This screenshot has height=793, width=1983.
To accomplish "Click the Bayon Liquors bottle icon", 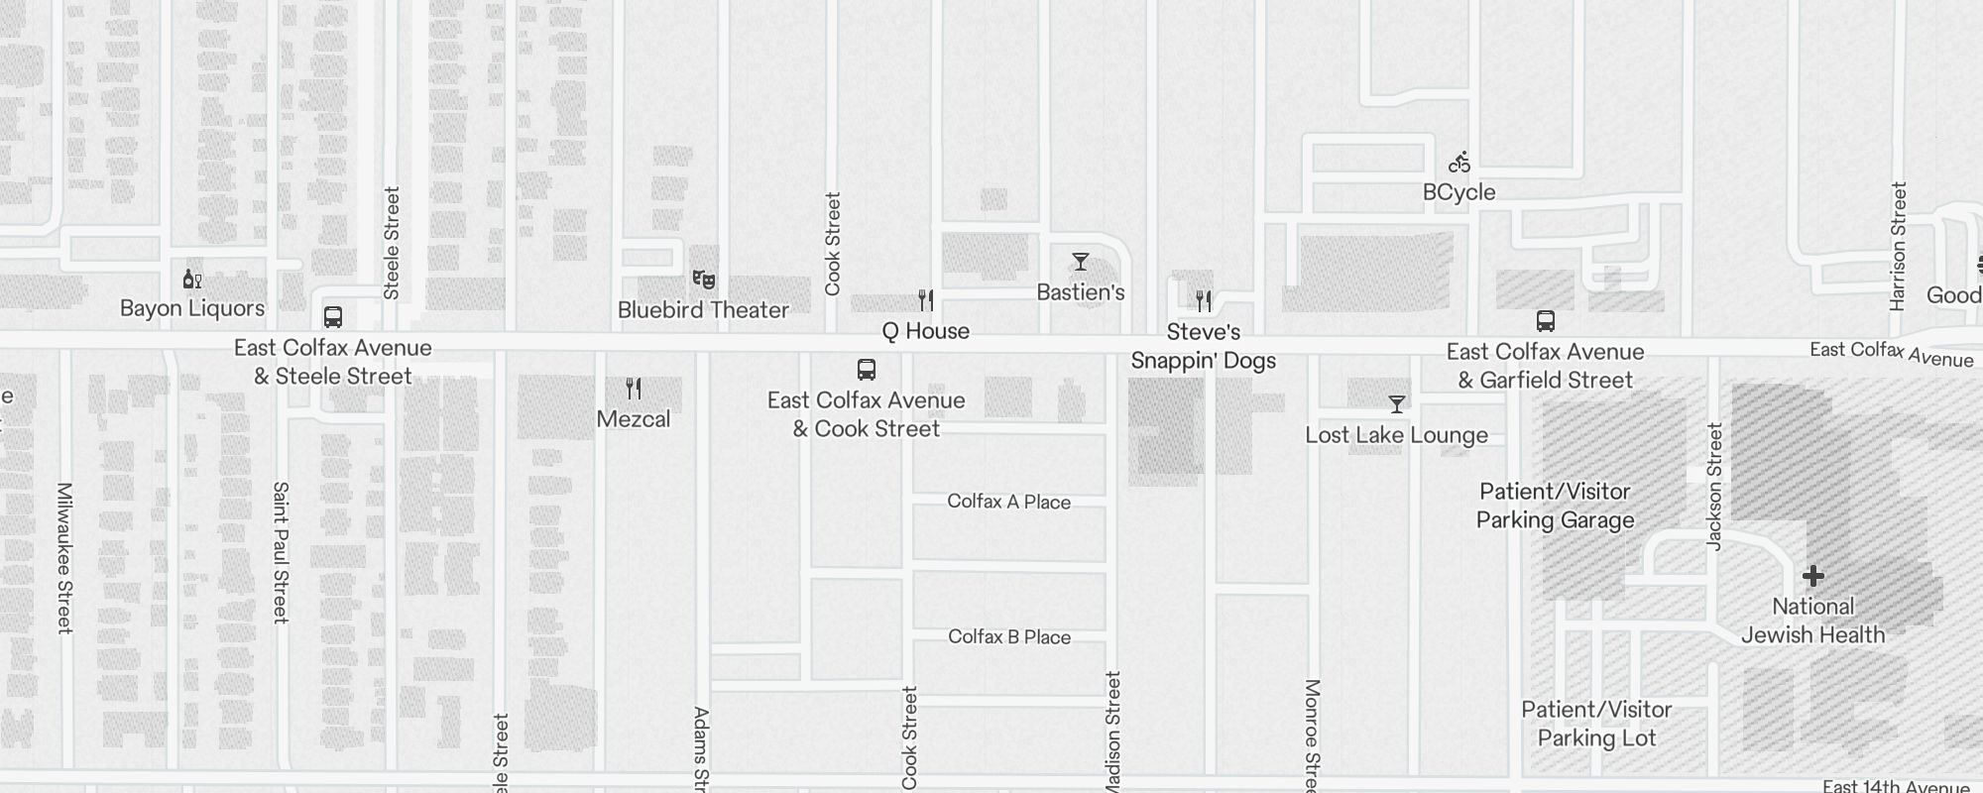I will click(191, 280).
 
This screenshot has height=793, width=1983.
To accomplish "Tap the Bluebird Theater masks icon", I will click(703, 280).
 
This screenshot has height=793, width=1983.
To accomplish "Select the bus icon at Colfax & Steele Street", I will click(333, 317).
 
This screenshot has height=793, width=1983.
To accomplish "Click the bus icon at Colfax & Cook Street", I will click(866, 370).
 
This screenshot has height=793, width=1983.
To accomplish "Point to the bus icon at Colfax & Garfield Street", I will click(1545, 321).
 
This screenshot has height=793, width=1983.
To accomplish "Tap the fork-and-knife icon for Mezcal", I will click(634, 389).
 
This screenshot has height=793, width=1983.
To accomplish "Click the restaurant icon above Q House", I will click(925, 299).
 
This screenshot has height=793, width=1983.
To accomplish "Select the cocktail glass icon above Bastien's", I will click(1081, 262).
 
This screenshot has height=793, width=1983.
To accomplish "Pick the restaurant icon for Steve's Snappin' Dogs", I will click(1203, 300).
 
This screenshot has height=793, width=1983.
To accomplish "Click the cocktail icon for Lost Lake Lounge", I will click(1396, 404).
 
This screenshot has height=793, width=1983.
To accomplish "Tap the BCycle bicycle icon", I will click(1458, 162).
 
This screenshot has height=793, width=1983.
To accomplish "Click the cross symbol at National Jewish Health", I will click(1812, 576).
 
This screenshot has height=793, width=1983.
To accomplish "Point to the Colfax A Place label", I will click(1008, 502).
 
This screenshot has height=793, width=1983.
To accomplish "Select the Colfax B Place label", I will click(1009, 636).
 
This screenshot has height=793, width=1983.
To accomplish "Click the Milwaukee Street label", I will click(64, 557).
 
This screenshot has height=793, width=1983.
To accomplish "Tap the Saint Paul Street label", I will click(281, 552).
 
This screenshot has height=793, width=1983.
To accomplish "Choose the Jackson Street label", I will click(1714, 486).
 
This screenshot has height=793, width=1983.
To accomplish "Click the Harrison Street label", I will click(1898, 246).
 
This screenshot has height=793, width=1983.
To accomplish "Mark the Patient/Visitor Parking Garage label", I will click(1555, 506).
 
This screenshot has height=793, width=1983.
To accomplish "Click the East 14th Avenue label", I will click(1896, 786).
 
